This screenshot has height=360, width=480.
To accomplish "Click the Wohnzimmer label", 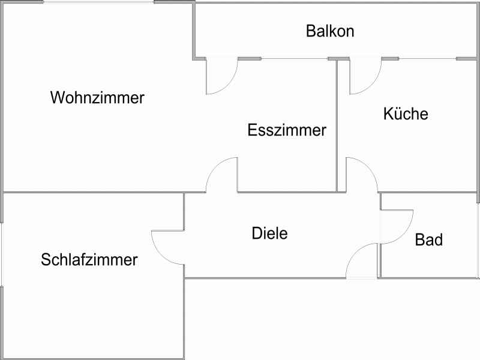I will tap(97, 98).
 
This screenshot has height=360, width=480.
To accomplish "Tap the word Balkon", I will tap(330, 31).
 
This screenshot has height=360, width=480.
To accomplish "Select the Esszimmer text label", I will tap(287, 130).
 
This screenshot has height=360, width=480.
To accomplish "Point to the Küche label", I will tap(406, 113).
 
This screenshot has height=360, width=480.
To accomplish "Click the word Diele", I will tap(269, 233).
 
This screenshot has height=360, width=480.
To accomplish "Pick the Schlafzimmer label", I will tap(89, 260).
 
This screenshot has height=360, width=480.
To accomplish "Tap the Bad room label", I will tap(429, 241).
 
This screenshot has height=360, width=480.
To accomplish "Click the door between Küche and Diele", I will tap(362, 175).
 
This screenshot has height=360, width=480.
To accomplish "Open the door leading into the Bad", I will tap(396, 226).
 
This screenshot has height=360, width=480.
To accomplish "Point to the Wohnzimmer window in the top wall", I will tap(98, 2).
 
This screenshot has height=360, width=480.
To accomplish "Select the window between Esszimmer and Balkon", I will tap(295, 58).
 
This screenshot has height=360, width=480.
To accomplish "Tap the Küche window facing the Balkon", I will tap(427, 58).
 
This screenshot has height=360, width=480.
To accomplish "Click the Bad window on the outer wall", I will tap(478, 240).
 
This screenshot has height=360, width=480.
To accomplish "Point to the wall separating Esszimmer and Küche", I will tap(338, 126).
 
